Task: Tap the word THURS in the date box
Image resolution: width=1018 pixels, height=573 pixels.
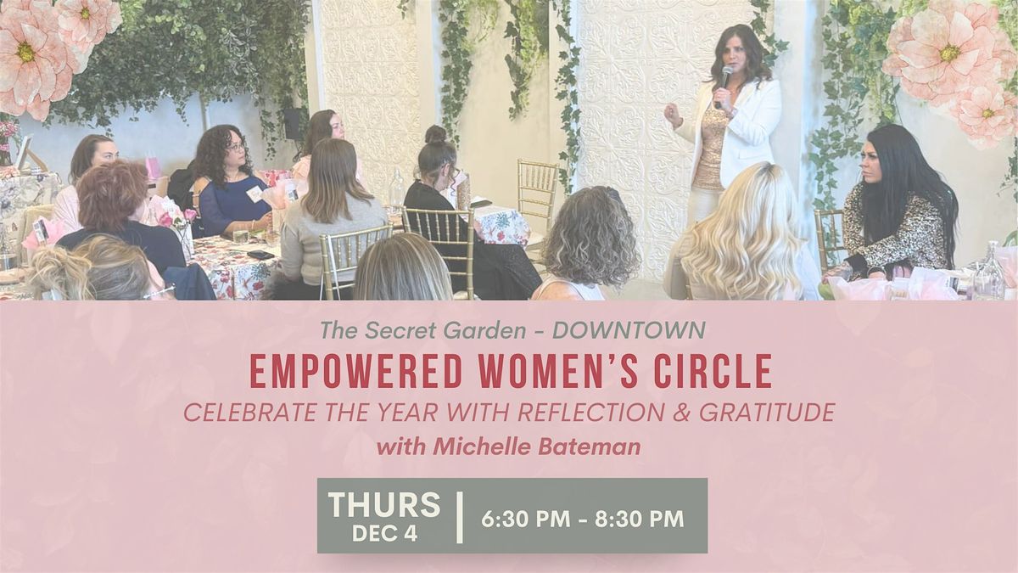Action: coord(384,504)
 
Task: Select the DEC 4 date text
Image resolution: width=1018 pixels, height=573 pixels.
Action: coord(384,534)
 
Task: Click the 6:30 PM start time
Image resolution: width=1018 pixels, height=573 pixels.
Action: coord(525,520)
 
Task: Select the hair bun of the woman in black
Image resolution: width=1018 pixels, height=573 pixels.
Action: coord(436,134)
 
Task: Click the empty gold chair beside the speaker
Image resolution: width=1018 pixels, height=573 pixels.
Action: coord(537,191)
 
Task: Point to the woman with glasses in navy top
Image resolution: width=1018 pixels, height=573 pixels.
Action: coord(229,183)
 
